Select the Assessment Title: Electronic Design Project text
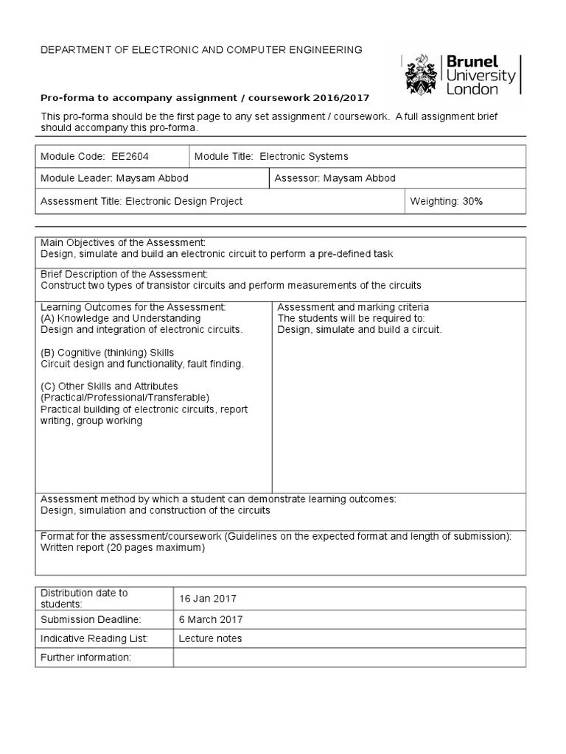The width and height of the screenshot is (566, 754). click(x=141, y=200)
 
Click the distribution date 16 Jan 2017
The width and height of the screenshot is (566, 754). click(x=207, y=599)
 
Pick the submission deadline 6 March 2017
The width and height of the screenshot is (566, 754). click(x=210, y=620)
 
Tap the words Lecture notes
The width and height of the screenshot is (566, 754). click(x=210, y=638)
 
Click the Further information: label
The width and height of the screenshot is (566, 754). click(x=85, y=657)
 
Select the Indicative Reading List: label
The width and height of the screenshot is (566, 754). click(x=94, y=638)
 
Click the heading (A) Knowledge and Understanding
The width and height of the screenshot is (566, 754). click(x=120, y=318)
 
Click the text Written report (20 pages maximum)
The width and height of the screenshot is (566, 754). click(x=122, y=547)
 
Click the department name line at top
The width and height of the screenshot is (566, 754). click(x=191, y=50)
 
